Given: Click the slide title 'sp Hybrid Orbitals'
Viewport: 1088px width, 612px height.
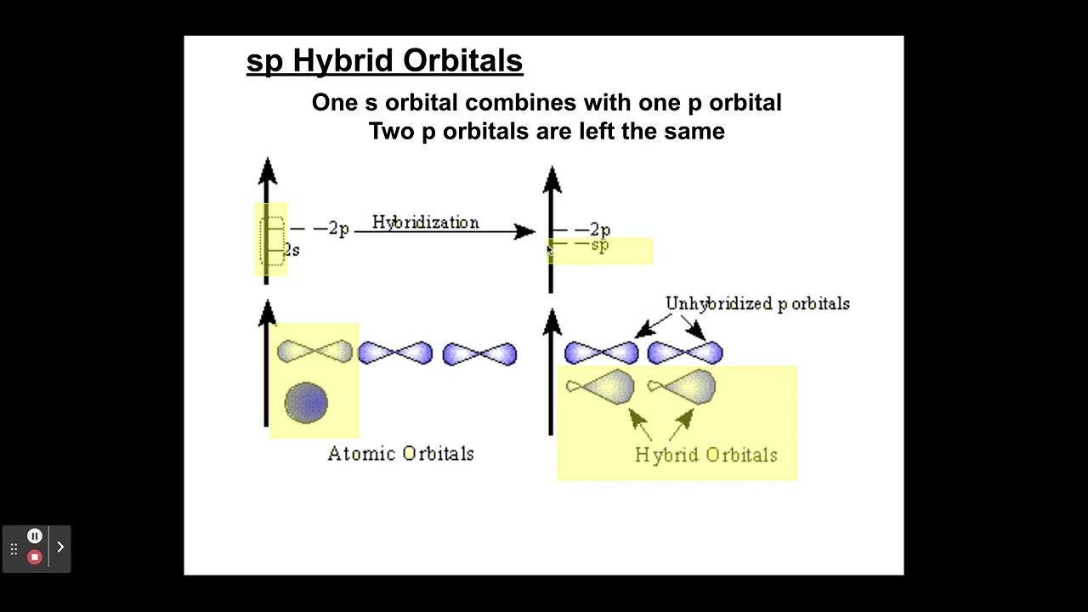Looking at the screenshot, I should [x=384, y=61].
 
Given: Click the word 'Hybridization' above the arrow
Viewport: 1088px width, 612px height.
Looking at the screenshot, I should [x=425, y=223].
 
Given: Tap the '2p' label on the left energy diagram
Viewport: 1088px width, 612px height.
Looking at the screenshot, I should [x=331, y=229].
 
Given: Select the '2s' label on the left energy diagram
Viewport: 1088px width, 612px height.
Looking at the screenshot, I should [x=292, y=250].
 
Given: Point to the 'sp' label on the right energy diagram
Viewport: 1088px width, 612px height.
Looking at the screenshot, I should [x=599, y=246].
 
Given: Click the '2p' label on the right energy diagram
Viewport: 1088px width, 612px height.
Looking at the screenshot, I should [x=599, y=229].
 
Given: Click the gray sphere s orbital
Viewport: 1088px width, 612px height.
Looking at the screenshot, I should [x=306, y=402].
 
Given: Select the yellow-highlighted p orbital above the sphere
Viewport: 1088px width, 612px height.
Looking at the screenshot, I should [x=314, y=352].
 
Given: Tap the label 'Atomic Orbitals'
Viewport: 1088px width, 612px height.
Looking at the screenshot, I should [x=400, y=454].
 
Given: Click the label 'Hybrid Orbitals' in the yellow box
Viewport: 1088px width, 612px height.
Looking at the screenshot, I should [x=705, y=456].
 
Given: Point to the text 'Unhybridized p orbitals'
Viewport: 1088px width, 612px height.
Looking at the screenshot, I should [x=757, y=303].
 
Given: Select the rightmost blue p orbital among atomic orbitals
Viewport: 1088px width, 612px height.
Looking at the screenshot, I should [x=479, y=354].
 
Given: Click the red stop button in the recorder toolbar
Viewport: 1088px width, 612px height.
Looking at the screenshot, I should [x=35, y=557].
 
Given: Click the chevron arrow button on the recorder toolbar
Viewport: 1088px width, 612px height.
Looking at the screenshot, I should [x=60, y=547].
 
